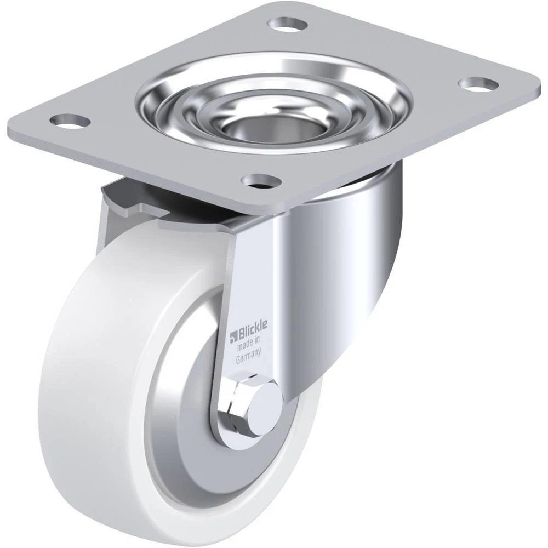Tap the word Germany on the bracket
(x=249, y=358)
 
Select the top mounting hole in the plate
(x=287, y=25)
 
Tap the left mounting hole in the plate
(x=70, y=121)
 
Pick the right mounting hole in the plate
(x=478, y=84)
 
